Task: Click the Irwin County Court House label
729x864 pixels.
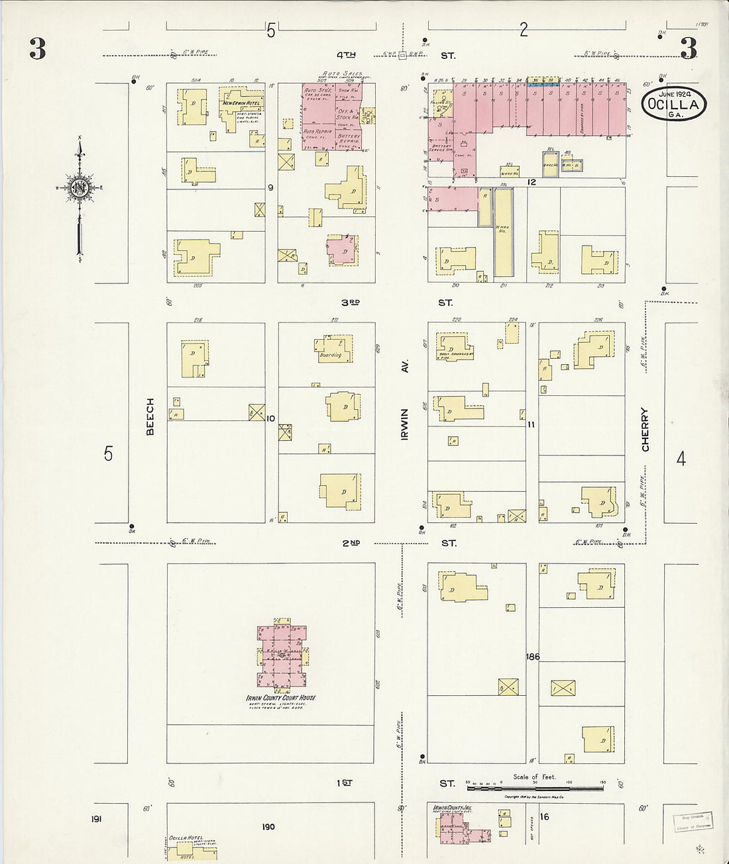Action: [281, 698]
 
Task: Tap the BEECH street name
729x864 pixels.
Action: [150, 416]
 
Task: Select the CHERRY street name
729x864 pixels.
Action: [645, 429]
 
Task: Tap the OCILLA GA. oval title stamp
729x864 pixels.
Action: [673, 105]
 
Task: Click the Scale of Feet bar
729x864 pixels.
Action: [535, 789]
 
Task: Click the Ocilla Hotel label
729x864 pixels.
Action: [186, 838]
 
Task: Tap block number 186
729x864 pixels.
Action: [532, 657]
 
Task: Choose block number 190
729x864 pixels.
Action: [268, 826]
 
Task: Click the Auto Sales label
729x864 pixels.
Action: [342, 73]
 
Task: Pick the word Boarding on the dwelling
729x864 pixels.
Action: [330, 355]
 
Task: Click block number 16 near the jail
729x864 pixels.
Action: [544, 817]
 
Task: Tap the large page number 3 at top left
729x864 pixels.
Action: [37, 49]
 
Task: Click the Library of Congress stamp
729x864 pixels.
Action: [693, 822]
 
